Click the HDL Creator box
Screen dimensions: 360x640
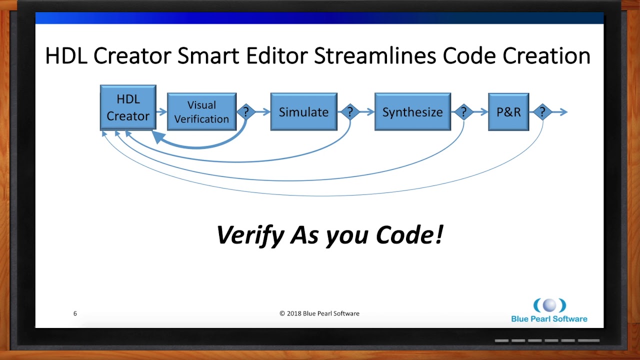128,108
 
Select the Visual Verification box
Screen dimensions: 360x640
201,112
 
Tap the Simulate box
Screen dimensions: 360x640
303,112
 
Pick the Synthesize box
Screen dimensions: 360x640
412,112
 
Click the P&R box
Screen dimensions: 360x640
508,112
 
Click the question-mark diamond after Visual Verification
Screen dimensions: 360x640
245,112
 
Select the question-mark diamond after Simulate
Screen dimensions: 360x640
350,112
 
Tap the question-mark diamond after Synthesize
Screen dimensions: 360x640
463,112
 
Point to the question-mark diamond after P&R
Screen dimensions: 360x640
542,112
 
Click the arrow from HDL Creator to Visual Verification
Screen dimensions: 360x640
161,112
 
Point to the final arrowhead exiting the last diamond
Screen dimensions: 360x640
563,112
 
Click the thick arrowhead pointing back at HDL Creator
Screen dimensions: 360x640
158,137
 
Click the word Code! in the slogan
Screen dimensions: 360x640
409,234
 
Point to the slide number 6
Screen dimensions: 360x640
75,313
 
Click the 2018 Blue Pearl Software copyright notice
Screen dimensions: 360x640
319,313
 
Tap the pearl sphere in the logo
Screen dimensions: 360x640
549,305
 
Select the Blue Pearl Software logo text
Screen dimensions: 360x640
549,319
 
